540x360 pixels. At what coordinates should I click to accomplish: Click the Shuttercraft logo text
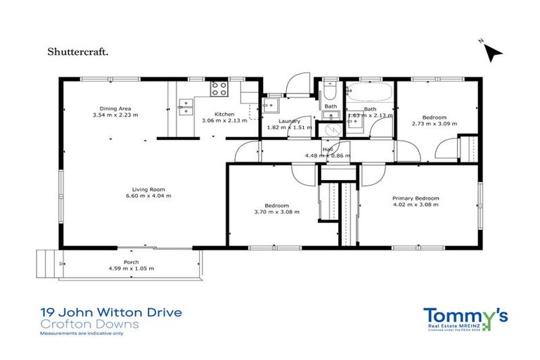pyautogui.click(x=77, y=51)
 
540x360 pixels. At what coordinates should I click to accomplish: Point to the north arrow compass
pyautogui.click(x=494, y=51)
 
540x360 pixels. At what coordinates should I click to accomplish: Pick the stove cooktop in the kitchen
pyautogui.click(x=219, y=89)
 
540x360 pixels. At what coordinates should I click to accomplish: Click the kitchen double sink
pyautogui.click(x=187, y=106)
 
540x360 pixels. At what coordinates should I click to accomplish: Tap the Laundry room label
pyautogui.click(x=289, y=121)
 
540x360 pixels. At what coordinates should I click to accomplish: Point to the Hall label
pyautogui.click(x=328, y=149)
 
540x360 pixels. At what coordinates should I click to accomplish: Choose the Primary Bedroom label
pyautogui.click(x=416, y=199)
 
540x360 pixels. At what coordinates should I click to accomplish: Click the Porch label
pyautogui.click(x=131, y=262)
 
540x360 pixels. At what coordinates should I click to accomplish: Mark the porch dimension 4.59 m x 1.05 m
pyautogui.click(x=131, y=269)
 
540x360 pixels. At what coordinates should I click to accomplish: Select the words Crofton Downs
pyautogui.click(x=79, y=323)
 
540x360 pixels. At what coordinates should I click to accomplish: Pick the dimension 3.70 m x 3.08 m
pyautogui.click(x=271, y=212)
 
